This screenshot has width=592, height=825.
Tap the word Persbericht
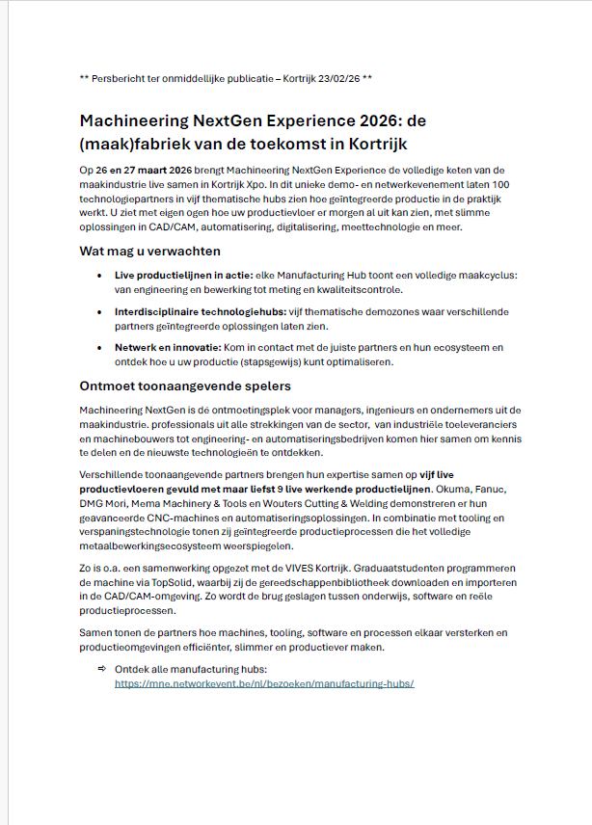click(123, 77)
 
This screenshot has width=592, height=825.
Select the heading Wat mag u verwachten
click(150, 252)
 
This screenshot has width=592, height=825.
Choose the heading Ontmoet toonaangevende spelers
click(185, 386)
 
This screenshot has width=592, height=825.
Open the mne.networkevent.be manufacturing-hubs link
click(264, 682)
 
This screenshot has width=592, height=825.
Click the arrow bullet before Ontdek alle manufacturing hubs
click(102, 668)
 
